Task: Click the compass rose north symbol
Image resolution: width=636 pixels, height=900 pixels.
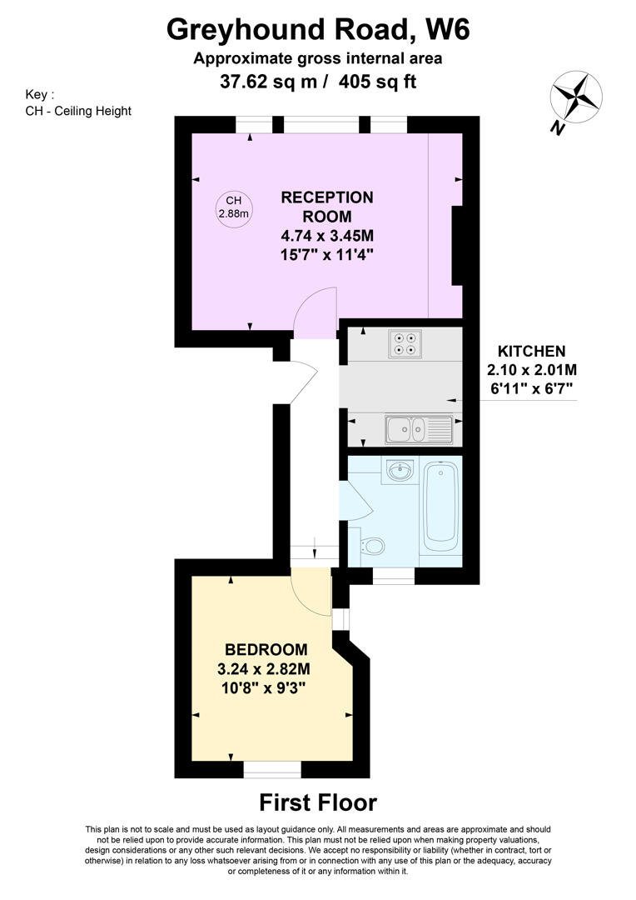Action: point(576,97)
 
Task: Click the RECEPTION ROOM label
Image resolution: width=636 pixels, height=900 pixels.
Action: point(327,207)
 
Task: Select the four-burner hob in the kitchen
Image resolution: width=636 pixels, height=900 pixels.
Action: point(405,343)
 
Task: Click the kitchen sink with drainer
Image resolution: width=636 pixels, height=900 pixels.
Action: point(420,429)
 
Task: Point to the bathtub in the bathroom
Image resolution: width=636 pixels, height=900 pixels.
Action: point(440,504)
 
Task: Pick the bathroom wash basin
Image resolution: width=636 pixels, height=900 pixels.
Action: point(400,471)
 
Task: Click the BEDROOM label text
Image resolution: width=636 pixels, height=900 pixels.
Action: point(266,650)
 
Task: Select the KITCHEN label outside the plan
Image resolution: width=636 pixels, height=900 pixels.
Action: point(531,352)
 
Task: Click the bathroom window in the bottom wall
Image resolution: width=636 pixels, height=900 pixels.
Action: point(394,576)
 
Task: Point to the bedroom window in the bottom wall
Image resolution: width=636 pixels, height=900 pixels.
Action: point(272,769)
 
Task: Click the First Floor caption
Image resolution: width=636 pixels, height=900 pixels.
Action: point(318,802)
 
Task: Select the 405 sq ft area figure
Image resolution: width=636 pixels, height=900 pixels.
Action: point(377,82)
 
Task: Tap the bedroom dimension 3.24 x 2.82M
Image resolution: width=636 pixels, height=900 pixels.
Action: point(264,668)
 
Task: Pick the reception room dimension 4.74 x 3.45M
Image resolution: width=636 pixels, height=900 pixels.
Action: point(327,235)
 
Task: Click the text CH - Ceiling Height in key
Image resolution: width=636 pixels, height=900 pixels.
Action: point(78,111)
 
